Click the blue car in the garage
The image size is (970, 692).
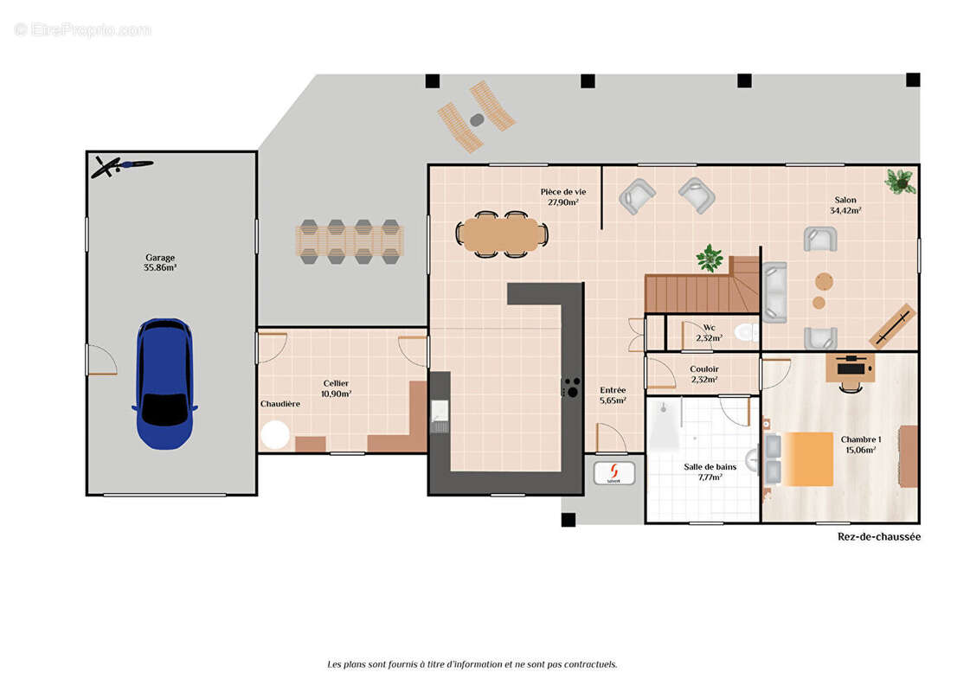click(164, 383)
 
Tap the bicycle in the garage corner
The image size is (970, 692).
click(122, 166)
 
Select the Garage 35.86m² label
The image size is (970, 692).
click(160, 262)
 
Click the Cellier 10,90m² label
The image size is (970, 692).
click(336, 388)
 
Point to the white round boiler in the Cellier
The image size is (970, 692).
click(275, 434)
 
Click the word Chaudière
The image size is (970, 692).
click(280, 404)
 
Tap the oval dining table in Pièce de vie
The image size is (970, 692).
click(502, 234)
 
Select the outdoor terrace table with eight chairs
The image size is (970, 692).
click(350, 242)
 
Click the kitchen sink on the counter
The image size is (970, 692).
click(440, 415)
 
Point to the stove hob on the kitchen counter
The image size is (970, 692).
click(571, 388)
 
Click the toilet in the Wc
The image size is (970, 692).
click(747, 333)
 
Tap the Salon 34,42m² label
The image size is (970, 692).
click(845, 205)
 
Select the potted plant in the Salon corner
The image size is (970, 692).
click(900, 181)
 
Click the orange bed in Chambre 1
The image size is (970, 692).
click(808, 458)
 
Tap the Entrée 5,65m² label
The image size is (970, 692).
click(613, 395)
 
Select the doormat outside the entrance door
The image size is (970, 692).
click(613, 473)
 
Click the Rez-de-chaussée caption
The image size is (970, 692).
click(878, 537)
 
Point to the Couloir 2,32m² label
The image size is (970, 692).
click(704, 375)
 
